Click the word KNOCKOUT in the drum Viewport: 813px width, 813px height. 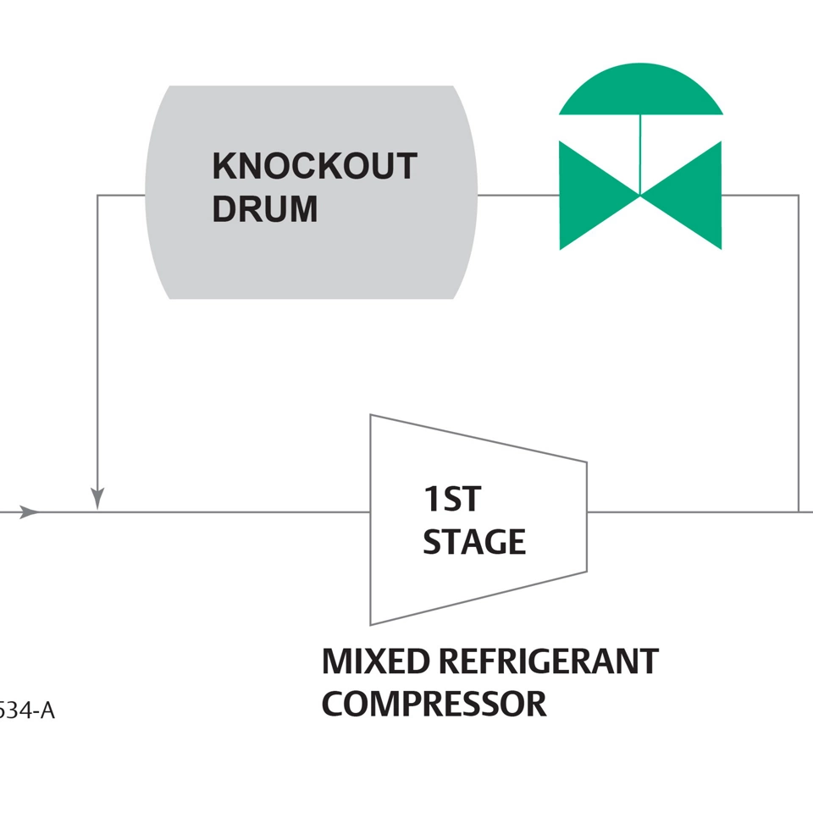pyautogui.click(x=314, y=167)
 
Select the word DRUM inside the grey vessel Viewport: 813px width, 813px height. pyautogui.click(x=264, y=209)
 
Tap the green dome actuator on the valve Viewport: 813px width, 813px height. pyautogui.click(x=640, y=91)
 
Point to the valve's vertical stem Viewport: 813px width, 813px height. pyautogui.click(x=640, y=152)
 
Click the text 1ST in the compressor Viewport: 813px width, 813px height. pyautogui.click(x=451, y=500)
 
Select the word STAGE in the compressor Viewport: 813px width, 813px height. pyautogui.click(x=474, y=542)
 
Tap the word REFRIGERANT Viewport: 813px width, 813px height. pyautogui.click(x=548, y=661)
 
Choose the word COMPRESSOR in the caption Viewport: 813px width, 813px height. pyautogui.click(x=434, y=704)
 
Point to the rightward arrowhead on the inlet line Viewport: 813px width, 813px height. pyautogui.click(x=29, y=512)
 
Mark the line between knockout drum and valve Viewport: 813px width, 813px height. pyautogui.click(x=517, y=196)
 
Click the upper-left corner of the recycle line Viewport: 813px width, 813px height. pyautogui.click(x=98, y=196)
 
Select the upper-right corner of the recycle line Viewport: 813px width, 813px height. pyautogui.click(x=798, y=196)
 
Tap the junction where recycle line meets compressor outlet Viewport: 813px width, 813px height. pyautogui.click(x=798, y=512)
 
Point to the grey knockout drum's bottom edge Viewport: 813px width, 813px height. pyautogui.click(x=312, y=297)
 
